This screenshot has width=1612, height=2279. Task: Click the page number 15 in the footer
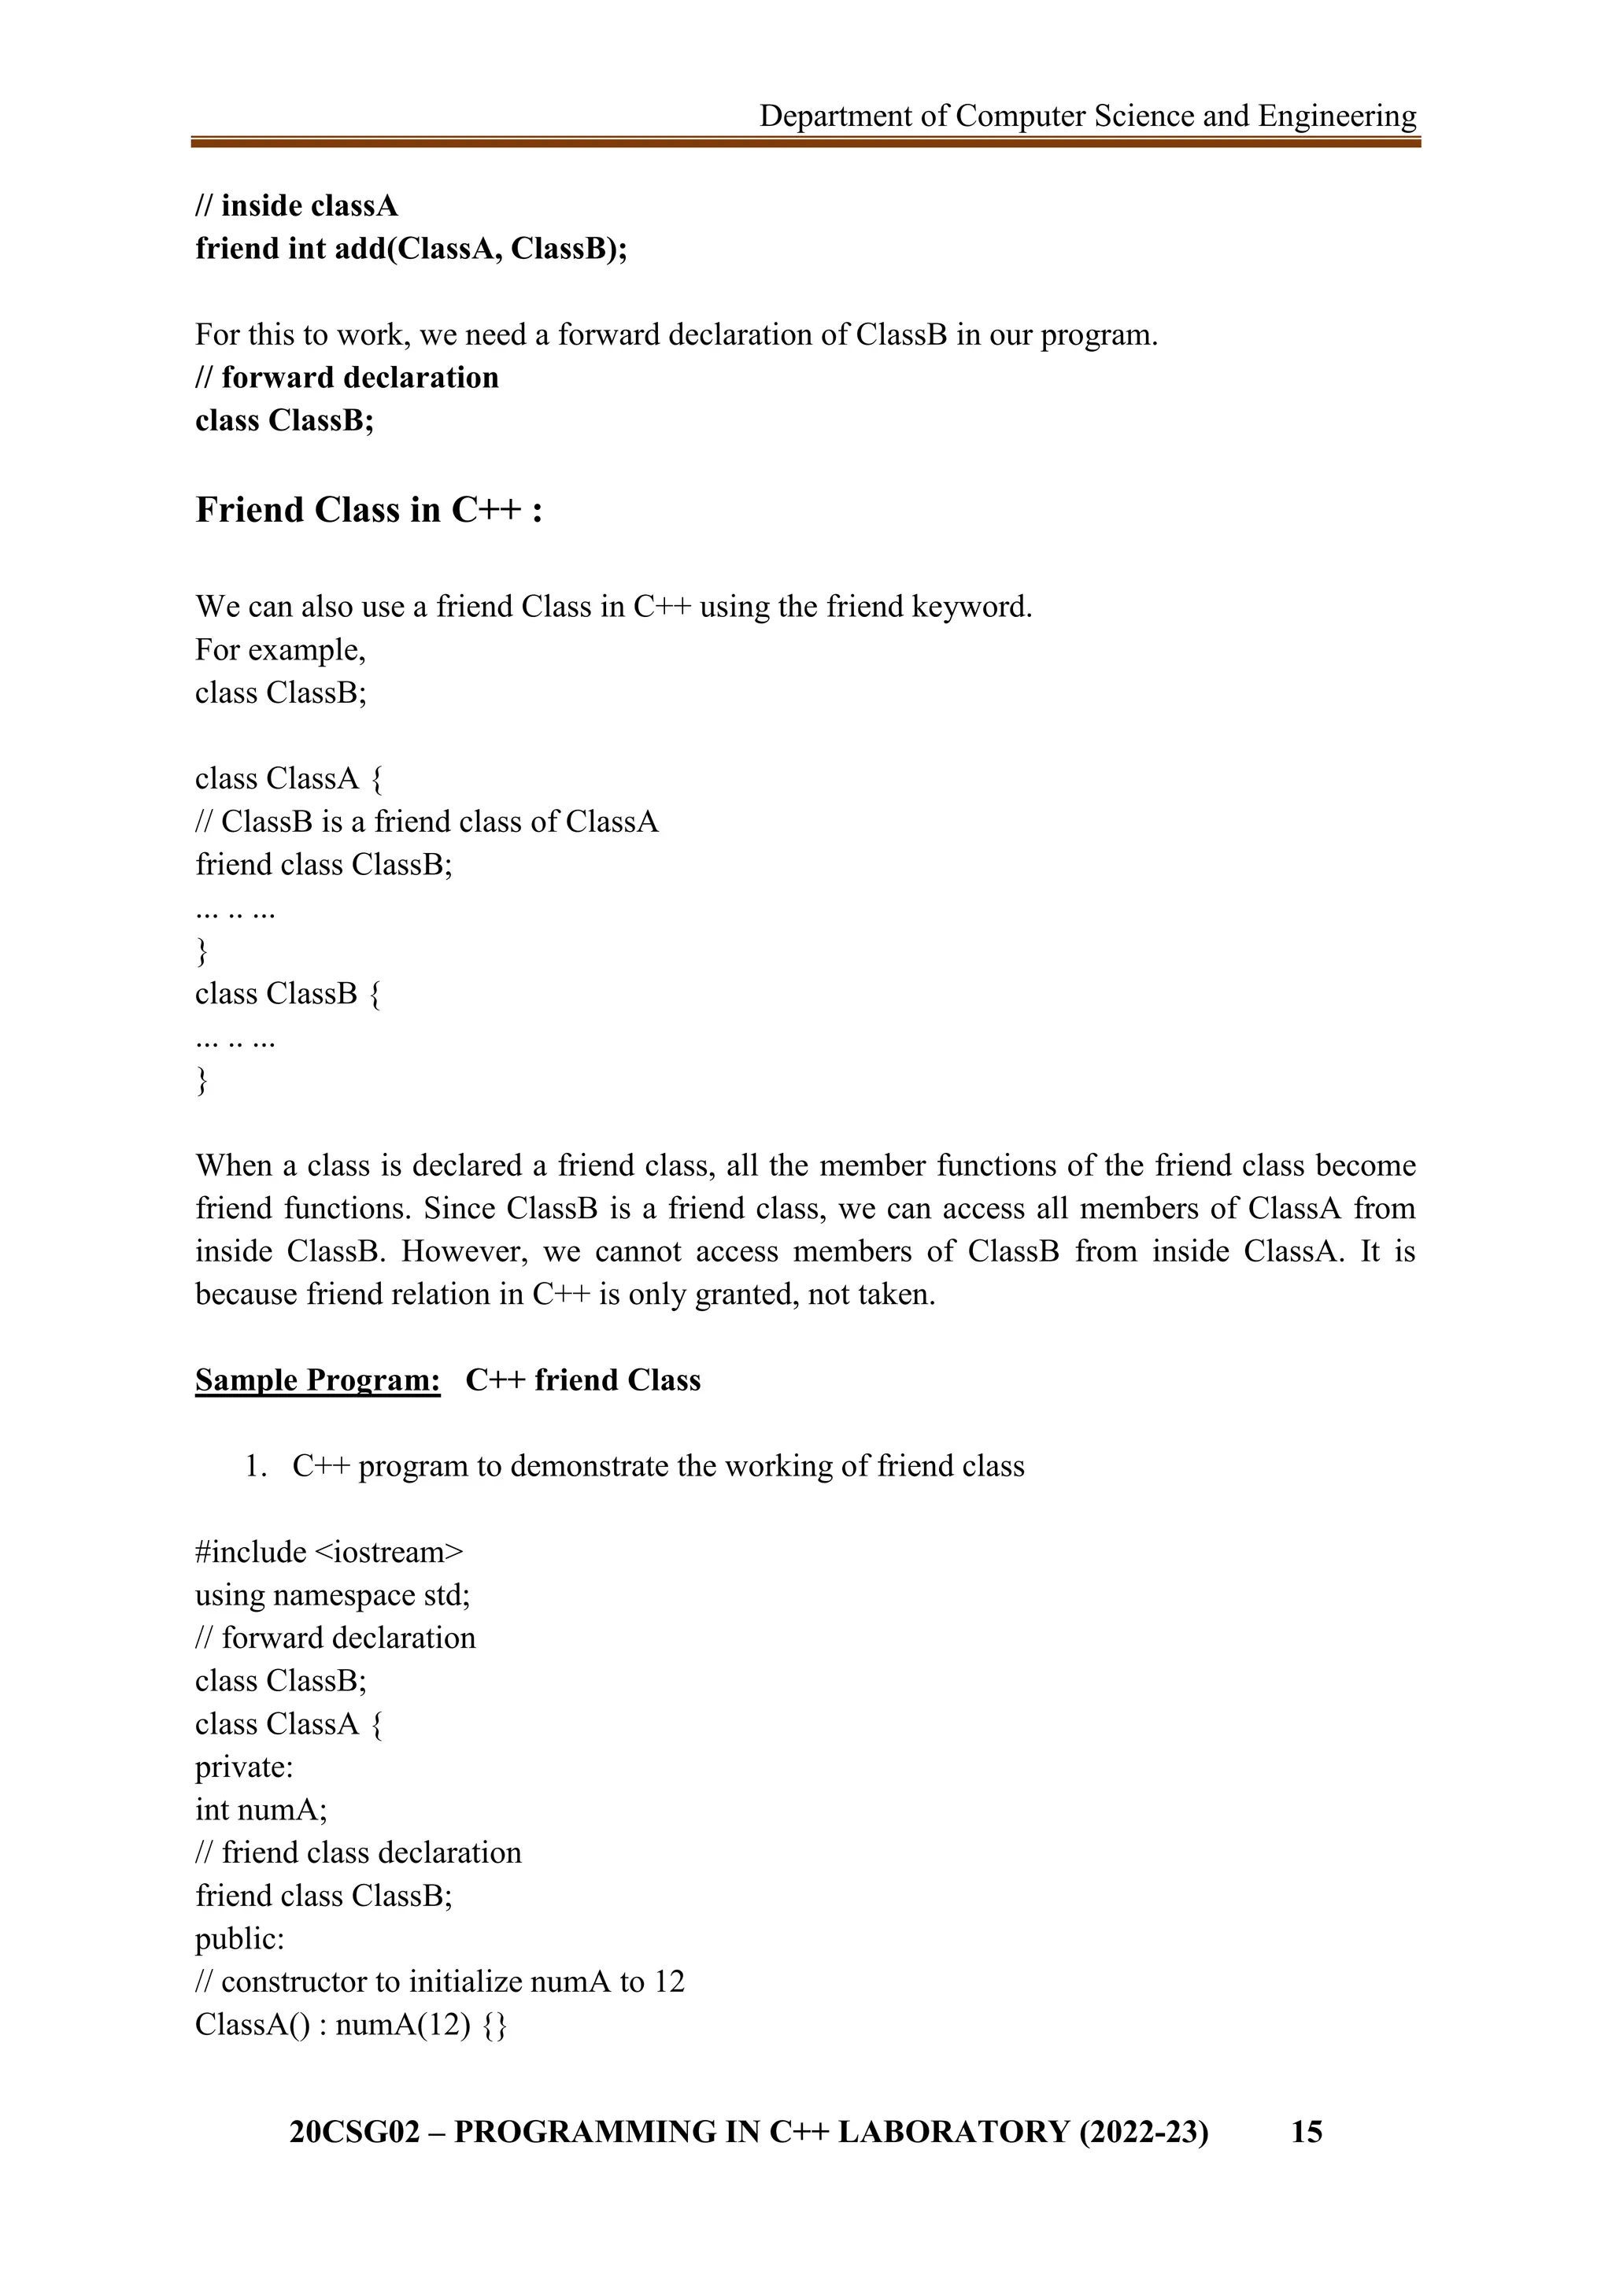[x=1307, y=2131]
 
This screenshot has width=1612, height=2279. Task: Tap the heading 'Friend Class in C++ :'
[x=368, y=509]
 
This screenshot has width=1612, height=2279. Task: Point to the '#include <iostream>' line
[x=328, y=1551]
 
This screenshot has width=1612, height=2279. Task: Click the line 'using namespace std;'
[x=332, y=1595]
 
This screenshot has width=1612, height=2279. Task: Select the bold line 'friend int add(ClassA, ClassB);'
[x=411, y=248]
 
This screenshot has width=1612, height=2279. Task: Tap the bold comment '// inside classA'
[x=296, y=205]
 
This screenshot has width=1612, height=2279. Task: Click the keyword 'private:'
[x=244, y=1767]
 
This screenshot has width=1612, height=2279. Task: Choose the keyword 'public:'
[x=239, y=1938]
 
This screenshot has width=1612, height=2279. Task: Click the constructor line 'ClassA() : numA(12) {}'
[x=350, y=2025]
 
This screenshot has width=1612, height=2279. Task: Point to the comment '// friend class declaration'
[x=358, y=1852]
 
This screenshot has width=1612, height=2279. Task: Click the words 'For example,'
[x=281, y=649]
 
